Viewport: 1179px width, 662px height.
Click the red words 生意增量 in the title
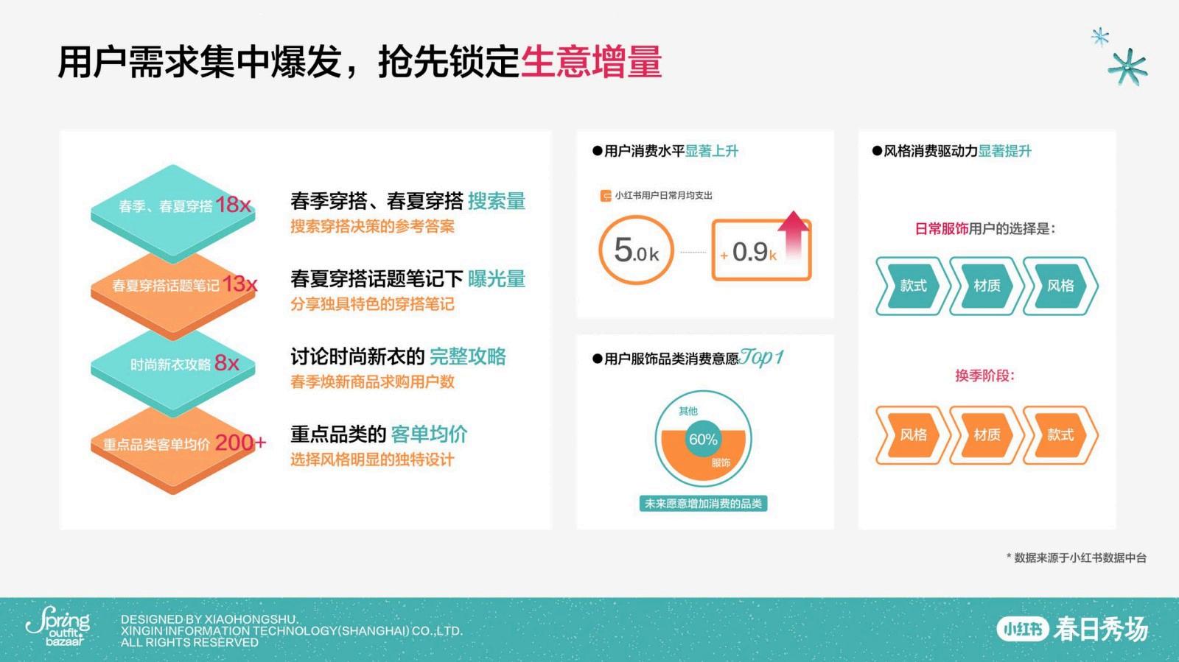[590, 62]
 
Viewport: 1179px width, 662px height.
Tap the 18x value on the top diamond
[233, 205]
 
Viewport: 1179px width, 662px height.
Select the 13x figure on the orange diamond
[240, 284]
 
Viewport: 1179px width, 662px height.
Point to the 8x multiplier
[227, 362]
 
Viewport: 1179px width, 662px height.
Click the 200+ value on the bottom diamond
[240, 443]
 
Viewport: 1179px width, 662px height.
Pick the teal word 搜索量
[497, 201]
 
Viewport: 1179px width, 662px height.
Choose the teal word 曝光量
[497, 278]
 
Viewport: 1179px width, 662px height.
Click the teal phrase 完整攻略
[467, 356]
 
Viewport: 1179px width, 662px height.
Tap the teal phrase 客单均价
[429, 434]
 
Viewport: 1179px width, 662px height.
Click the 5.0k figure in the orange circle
[637, 250]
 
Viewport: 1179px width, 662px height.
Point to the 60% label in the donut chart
[703, 439]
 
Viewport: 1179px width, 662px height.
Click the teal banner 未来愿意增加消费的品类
[703, 503]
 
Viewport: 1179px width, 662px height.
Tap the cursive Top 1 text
[761, 358]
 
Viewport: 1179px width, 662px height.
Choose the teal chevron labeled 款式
[913, 286]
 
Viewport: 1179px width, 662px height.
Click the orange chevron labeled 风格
[913, 435]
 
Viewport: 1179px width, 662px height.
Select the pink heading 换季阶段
[984, 376]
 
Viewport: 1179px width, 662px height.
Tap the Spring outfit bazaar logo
[58, 626]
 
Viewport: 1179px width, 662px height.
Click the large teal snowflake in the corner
[1127, 67]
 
